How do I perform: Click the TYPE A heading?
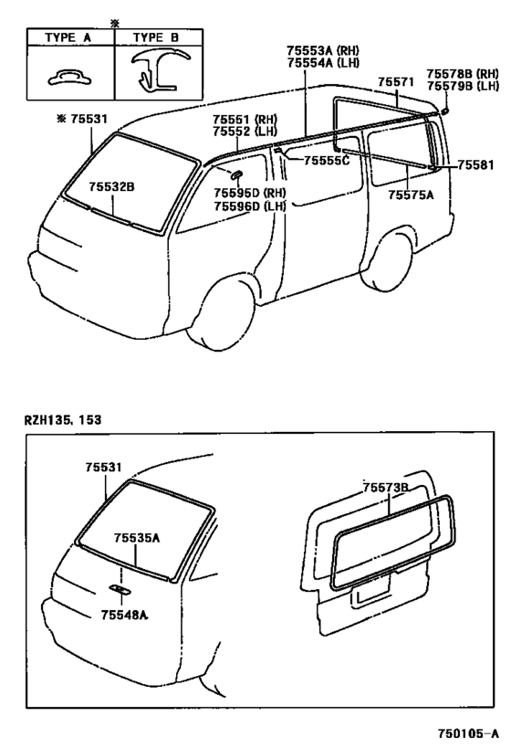[68, 37]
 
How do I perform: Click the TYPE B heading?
[156, 37]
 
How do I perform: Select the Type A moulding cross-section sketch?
[70, 78]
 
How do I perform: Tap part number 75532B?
[111, 186]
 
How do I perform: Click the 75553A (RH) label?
[323, 50]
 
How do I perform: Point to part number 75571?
[396, 82]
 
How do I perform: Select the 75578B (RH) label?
[463, 73]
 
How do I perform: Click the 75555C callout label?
[327, 161]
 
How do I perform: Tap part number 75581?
[475, 165]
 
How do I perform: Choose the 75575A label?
[411, 195]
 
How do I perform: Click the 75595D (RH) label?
[250, 193]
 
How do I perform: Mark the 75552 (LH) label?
[245, 131]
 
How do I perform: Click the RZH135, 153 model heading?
[63, 420]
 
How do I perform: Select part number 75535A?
[137, 538]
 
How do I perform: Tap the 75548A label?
[124, 615]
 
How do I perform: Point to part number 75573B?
[386, 488]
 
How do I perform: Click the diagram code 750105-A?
[469, 732]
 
